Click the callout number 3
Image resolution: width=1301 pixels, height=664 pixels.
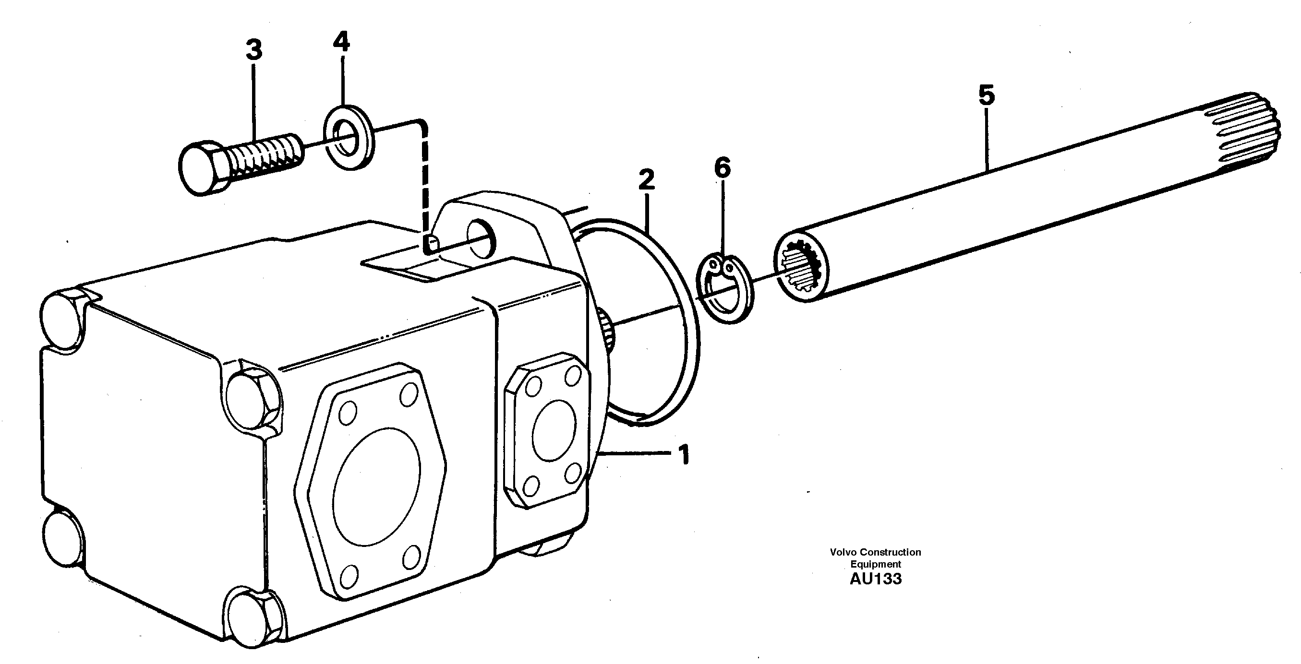tap(254, 50)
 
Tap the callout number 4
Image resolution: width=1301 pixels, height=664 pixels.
tap(341, 41)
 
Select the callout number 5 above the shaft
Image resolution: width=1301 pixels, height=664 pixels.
tap(986, 95)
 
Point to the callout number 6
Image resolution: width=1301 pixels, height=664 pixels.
tap(722, 168)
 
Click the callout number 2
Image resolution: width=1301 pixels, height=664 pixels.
tap(646, 180)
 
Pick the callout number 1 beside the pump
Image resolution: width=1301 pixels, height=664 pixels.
tap(683, 456)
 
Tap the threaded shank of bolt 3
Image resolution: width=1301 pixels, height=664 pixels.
tap(265, 155)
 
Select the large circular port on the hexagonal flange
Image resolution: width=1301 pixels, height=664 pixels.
tap(376, 486)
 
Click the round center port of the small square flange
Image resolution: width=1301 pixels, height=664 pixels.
tap(554, 430)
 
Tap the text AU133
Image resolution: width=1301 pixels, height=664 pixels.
tap(875, 579)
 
